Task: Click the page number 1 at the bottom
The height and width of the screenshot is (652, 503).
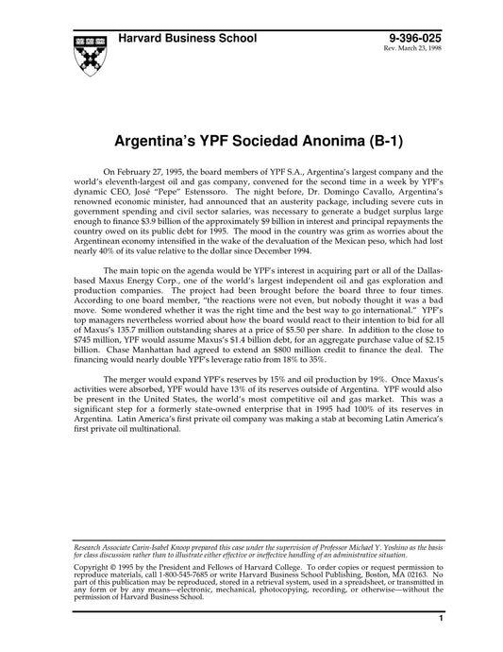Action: click(441, 643)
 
